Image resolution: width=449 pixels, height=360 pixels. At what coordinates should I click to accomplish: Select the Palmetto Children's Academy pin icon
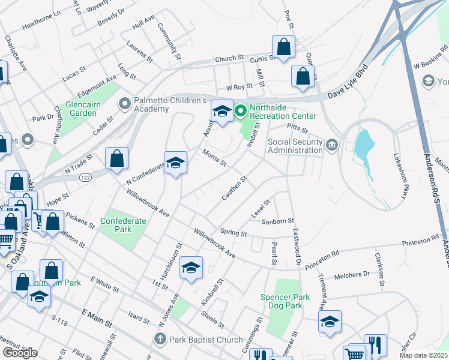[124, 104]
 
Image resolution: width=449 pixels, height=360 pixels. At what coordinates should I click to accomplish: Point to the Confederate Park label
[123, 225]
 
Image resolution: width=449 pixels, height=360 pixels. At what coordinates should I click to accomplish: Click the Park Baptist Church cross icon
[160, 340]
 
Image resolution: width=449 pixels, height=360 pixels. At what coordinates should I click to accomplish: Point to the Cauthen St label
[235, 187]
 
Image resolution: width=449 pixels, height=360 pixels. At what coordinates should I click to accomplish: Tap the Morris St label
[214, 158]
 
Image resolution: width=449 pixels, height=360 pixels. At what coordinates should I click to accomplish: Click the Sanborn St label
[277, 222]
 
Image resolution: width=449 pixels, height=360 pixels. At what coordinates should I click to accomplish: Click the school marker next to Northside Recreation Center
[221, 111]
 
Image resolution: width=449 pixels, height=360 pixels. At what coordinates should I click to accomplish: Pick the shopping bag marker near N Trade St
[116, 159]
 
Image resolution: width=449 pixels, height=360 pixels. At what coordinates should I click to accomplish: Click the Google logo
[20, 352]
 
